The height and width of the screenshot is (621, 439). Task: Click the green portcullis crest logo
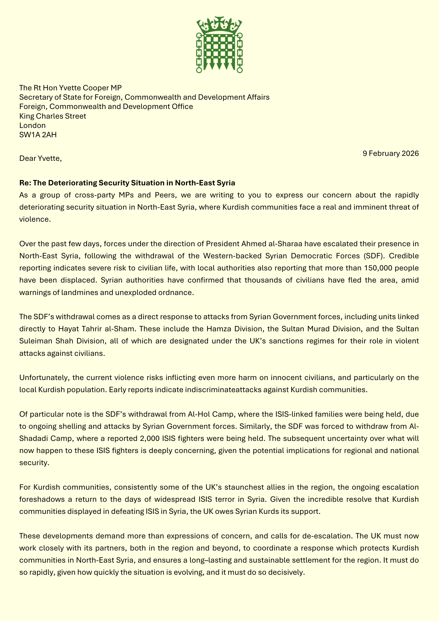pyautogui.click(x=219, y=45)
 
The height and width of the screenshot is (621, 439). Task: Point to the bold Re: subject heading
pyautogui.click(x=127, y=183)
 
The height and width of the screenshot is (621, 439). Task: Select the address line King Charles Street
pyautogui.click(x=52, y=116)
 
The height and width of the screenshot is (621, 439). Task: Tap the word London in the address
pyautogui.click(x=32, y=125)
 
